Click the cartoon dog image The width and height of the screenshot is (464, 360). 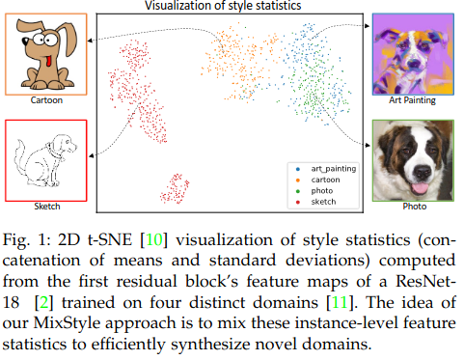pos(44,52)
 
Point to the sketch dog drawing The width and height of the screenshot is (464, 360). pos(44,159)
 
